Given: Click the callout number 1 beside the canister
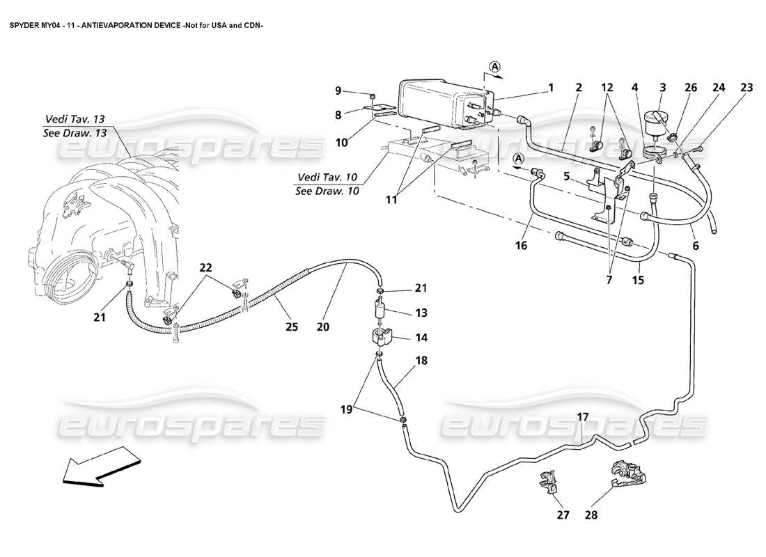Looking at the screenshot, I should [550, 88].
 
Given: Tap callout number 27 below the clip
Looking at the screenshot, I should [563, 516].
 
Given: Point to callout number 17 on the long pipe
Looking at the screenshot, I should [583, 417].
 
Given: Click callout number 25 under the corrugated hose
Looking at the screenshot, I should [292, 326].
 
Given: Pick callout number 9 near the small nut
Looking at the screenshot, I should [338, 91].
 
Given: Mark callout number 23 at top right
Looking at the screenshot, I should [747, 88].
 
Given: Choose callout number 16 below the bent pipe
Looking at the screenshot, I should [522, 246].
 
